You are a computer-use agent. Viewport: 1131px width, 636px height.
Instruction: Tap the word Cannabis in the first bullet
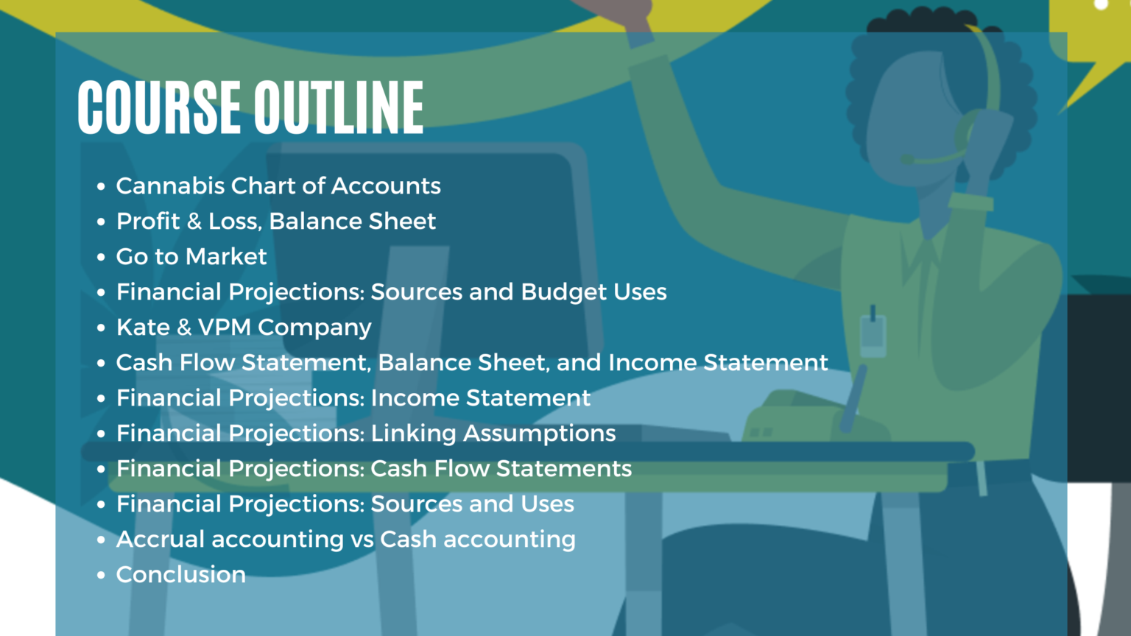point(170,185)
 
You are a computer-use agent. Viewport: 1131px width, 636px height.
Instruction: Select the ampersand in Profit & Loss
point(194,221)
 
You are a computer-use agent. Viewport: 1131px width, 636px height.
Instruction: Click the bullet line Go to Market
point(191,256)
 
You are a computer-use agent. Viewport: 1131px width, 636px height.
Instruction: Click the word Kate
point(143,327)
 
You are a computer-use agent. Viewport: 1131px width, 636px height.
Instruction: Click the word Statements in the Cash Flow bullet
point(564,468)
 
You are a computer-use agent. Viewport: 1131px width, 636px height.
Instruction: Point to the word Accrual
point(161,539)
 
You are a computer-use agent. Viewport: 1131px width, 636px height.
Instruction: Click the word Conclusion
point(180,574)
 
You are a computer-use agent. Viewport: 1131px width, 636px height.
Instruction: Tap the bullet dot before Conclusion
point(101,575)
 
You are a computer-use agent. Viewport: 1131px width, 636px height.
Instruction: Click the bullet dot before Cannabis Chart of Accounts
point(101,186)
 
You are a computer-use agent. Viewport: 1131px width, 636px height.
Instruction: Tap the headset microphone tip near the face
point(907,160)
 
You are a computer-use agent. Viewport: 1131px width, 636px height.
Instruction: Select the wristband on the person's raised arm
point(971,202)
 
